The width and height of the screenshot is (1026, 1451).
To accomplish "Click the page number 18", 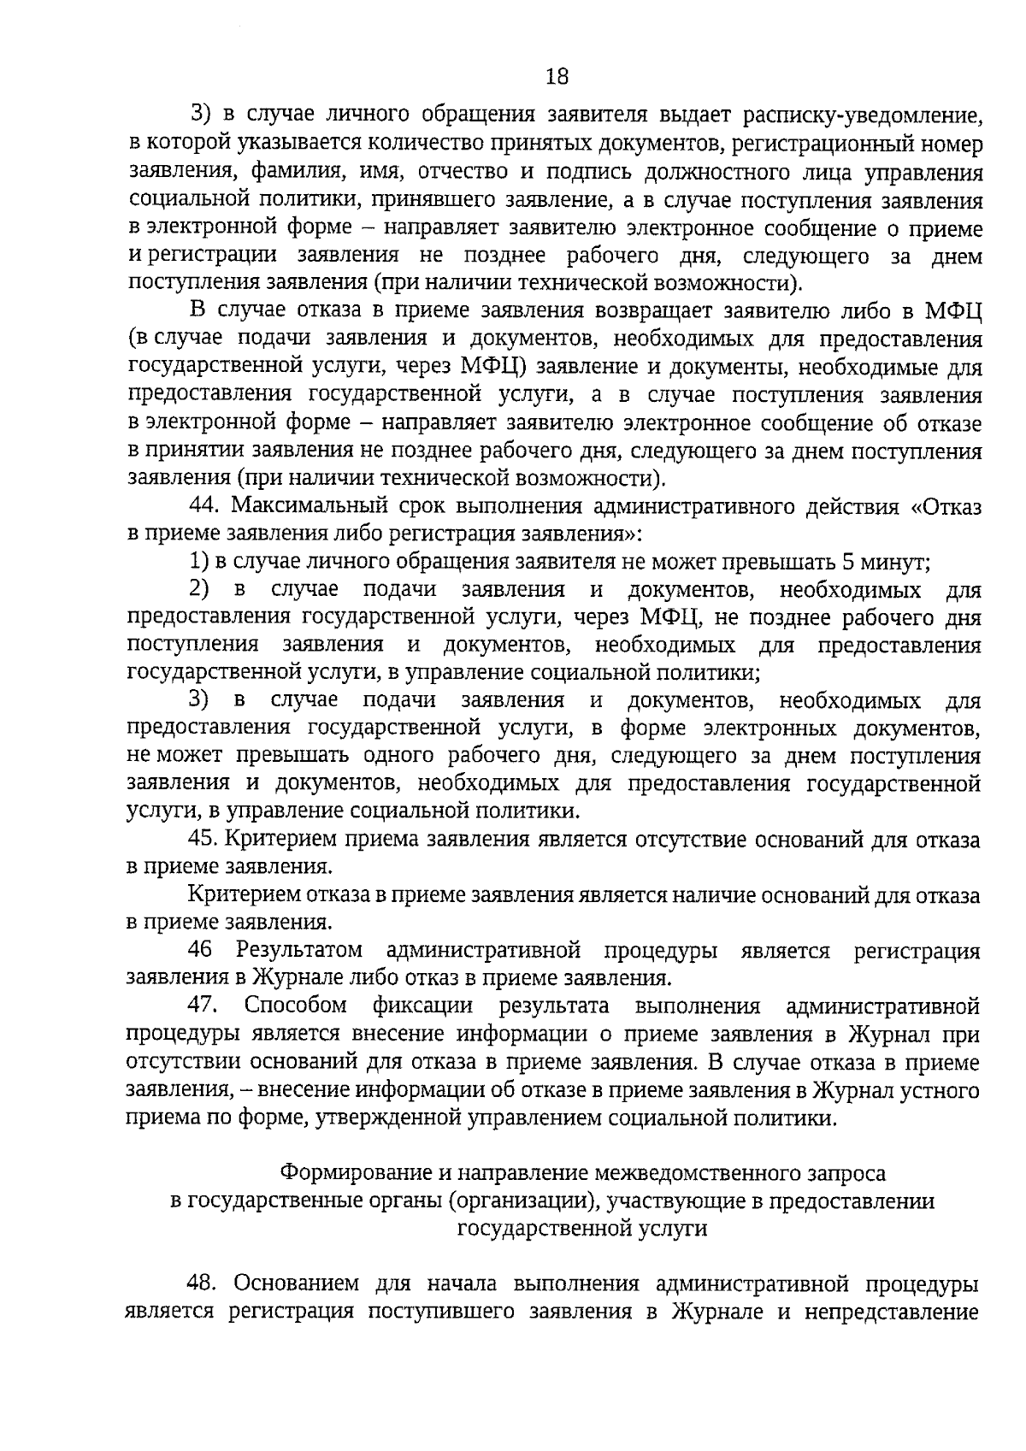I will coord(556,77).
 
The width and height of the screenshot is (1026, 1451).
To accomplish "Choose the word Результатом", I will coord(299,950).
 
